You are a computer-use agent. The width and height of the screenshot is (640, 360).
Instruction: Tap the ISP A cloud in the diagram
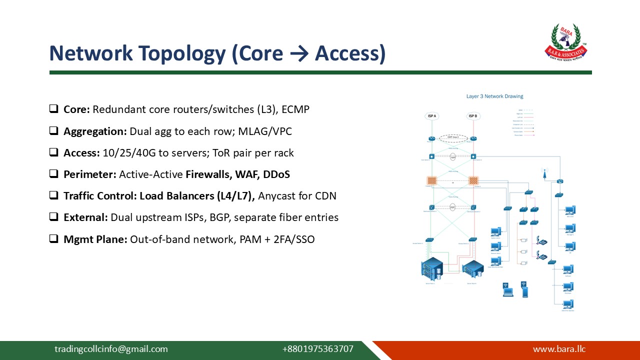432,116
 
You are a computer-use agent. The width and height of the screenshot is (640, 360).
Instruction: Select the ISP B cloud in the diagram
472,116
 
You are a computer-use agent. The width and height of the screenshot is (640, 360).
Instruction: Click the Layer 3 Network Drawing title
494,96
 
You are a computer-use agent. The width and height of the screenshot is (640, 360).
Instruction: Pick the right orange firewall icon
473,180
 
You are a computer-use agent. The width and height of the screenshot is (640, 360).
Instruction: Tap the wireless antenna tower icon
544,174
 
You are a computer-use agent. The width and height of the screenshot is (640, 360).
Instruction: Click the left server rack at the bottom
431,269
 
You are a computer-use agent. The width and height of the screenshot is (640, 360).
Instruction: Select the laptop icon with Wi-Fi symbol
508,289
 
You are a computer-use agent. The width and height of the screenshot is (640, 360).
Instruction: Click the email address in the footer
111,349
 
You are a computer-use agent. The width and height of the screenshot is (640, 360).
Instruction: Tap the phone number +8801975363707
317,349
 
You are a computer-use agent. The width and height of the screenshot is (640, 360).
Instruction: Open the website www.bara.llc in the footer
559,349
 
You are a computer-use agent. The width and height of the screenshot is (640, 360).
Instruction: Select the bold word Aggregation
95,131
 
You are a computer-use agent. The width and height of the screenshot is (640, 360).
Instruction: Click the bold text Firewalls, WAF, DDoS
237,174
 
